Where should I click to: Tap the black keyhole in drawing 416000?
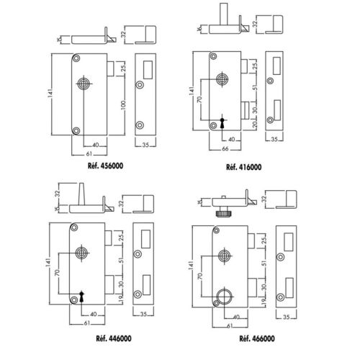click(x=222, y=120)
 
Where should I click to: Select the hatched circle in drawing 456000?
click(x=85, y=84)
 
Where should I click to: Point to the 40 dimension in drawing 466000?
click(x=235, y=316)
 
